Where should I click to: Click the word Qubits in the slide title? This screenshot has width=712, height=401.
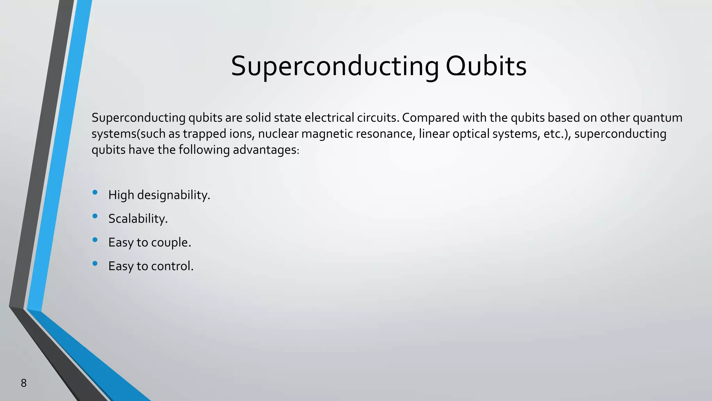tap(486, 66)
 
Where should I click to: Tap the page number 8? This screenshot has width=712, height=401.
tap(24, 383)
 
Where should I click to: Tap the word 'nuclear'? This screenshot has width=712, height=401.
tap(274, 134)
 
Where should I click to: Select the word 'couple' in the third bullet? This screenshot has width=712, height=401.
tap(169, 243)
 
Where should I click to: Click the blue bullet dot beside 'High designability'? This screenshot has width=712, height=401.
tap(95, 192)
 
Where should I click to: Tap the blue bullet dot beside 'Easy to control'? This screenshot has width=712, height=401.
tap(95, 264)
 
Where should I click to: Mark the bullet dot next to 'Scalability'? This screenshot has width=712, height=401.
tap(95, 216)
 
